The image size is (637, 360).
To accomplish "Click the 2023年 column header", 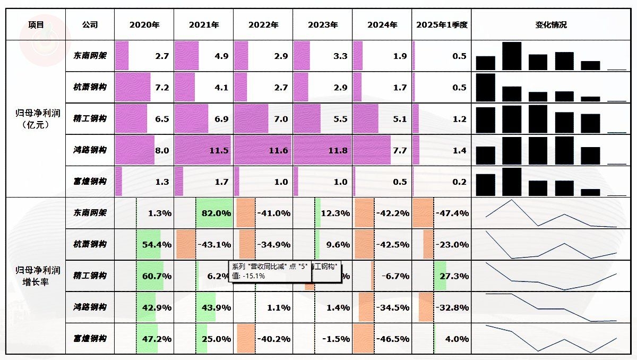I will [322, 25].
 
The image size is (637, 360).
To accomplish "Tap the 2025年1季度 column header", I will [441, 25].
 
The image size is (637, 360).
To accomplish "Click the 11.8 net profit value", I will [338, 151].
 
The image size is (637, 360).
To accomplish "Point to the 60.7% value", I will [157, 276].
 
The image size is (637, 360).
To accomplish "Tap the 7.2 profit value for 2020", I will [161, 88].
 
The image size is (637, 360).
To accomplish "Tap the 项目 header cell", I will [36, 25].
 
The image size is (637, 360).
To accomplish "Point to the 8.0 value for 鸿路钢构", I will [161, 151].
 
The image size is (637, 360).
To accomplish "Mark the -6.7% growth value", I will [395, 276].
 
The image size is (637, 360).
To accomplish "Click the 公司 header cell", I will [90, 25].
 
